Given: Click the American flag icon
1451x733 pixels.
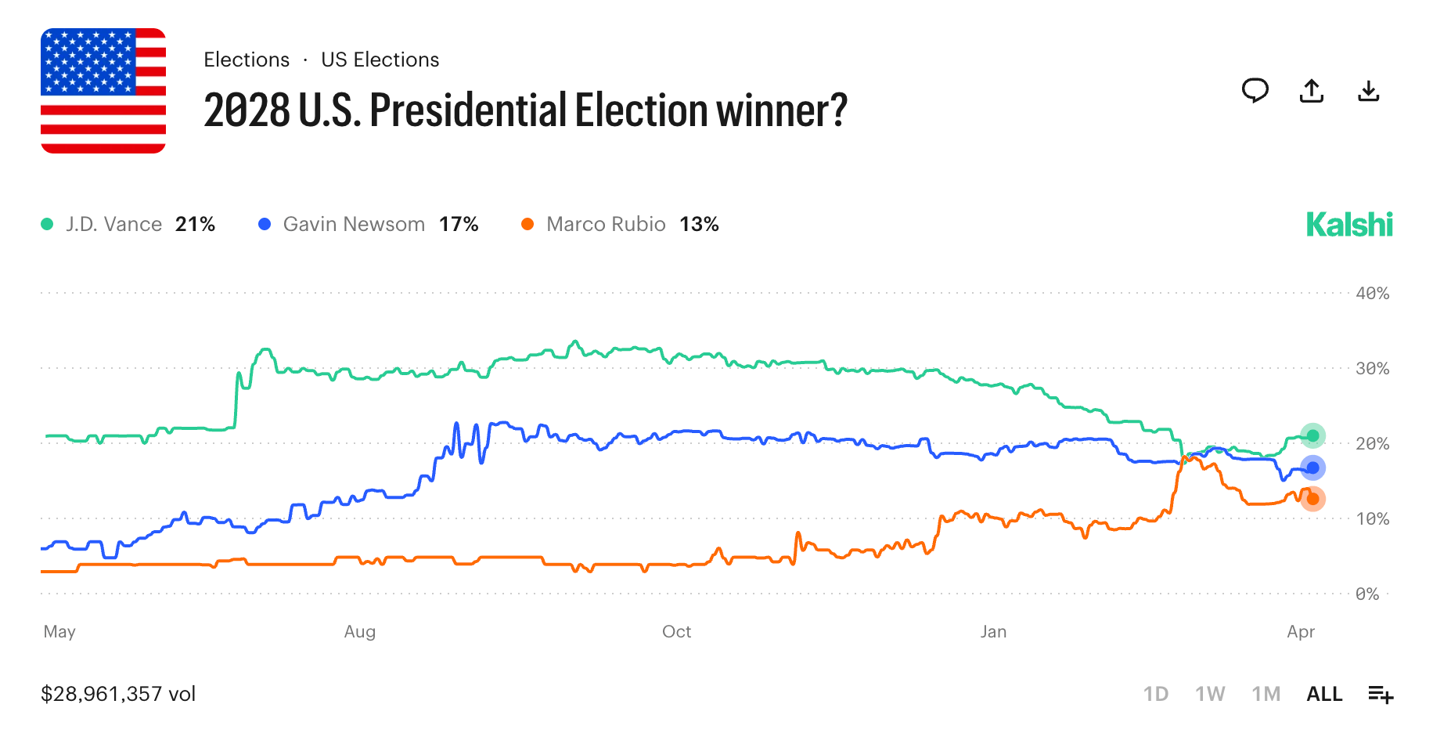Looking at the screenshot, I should click(103, 91).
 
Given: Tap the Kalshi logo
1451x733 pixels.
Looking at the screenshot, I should click(1348, 225).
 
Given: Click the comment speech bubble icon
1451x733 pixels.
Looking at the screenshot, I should click(1255, 91).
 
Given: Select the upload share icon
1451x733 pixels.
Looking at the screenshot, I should click(1311, 91).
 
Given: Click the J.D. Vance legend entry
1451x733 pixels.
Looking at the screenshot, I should click(128, 225).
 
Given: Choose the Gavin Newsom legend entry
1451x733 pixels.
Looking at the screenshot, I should click(368, 225).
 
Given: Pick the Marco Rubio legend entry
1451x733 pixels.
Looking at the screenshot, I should click(620, 225).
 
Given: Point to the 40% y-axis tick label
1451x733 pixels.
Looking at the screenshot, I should click(1372, 294).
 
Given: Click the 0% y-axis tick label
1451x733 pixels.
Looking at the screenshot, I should click(1367, 594).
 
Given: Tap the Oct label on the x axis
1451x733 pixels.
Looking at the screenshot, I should click(676, 632).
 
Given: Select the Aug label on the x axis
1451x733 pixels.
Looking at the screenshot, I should click(360, 632).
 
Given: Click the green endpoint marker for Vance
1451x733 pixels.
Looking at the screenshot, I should click(1312, 436).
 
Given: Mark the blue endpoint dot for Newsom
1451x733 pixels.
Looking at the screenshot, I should click(1312, 468).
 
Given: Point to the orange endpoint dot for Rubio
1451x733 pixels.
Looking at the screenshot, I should click(1312, 499).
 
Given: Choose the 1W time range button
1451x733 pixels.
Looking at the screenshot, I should click(1209, 694).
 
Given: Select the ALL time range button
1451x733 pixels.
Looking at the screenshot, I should click(1324, 694).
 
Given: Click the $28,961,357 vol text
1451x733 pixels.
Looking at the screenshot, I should click(118, 694).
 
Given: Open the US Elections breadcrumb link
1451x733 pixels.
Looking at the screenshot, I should click(380, 60).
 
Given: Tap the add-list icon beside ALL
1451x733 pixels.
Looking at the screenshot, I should click(1381, 694).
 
